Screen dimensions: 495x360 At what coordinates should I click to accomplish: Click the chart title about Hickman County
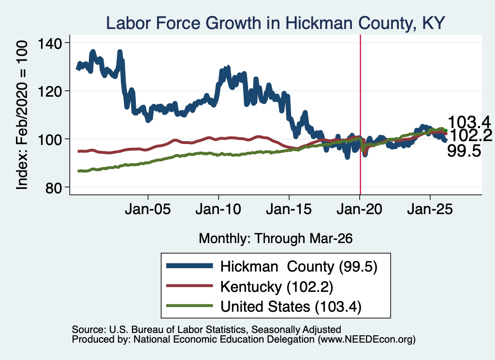tap(275, 23)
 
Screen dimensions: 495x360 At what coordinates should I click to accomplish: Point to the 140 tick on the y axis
tap(50, 43)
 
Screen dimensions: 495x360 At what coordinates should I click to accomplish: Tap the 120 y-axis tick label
tap(50, 91)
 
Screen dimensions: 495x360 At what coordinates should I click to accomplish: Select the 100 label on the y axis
tap(50, 140)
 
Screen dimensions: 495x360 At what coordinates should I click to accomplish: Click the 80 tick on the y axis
tap(54, 188)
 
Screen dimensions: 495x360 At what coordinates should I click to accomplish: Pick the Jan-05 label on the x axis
tap(148, 209)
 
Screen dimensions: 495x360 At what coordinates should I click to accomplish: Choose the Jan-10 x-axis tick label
tap(218, 209)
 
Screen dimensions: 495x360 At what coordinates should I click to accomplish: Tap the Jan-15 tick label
tap(289, 209)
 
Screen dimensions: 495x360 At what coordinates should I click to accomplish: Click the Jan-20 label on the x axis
tap(360, 209)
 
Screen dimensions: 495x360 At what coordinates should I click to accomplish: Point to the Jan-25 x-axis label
tap(430, 209)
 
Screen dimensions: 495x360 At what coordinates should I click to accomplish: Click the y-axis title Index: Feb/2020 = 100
tap(22, 115)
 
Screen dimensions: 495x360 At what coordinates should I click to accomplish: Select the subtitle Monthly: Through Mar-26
tap(276, 239)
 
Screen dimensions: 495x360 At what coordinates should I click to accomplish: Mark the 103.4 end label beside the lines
tap(469, 122)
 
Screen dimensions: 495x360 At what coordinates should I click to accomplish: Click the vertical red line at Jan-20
tap(360, 115)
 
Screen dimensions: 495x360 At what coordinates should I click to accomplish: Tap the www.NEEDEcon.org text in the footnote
tap(366, 340)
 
